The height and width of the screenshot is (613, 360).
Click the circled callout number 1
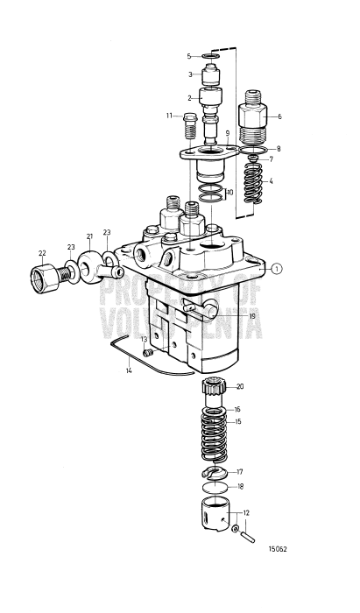pos(277,269)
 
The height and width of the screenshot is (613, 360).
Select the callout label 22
pos(41,253)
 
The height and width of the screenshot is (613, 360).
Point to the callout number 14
pos(129,372)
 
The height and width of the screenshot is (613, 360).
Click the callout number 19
pos(251,316)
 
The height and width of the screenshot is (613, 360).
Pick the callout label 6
pos(279,116)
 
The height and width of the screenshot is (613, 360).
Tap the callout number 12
pos(246,513)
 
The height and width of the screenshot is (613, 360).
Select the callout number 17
pos(240,471)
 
